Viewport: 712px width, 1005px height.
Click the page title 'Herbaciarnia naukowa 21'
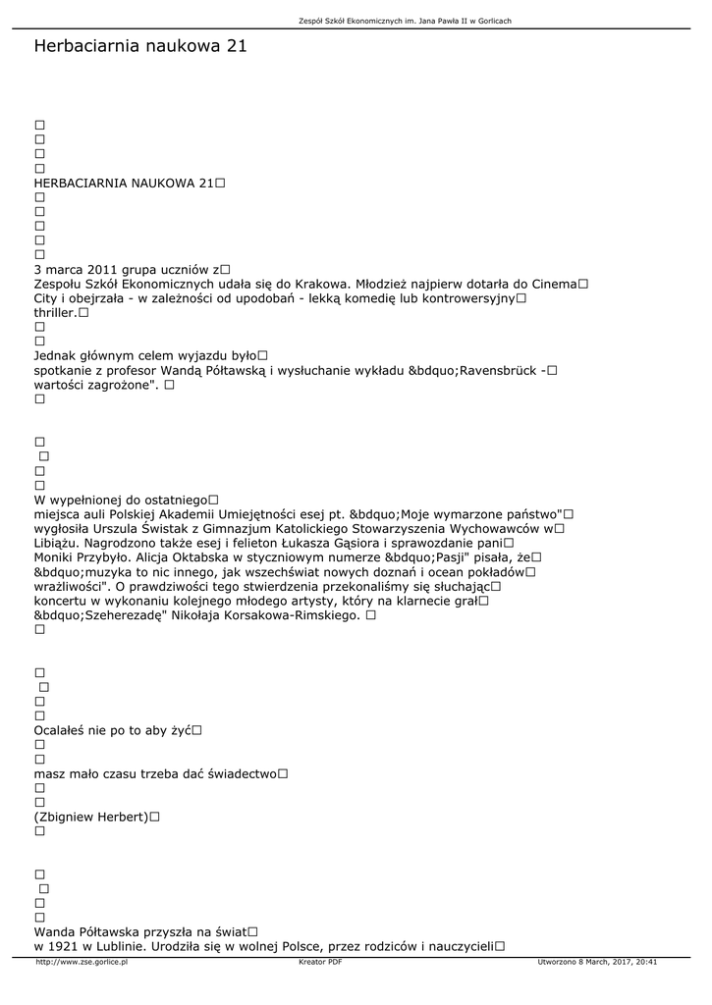[x=139, y=46]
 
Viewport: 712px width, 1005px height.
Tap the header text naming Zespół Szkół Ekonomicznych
[x=405, y=21]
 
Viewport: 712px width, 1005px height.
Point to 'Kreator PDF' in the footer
[x=320, y=962]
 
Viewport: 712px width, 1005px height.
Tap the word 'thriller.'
[x=55, y=312]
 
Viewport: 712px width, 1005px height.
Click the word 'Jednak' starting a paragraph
[x=56, y=355]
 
